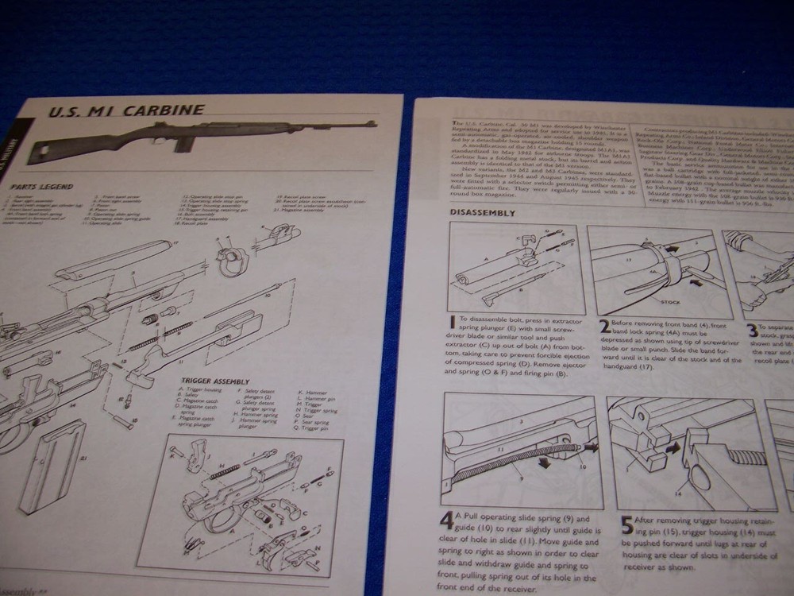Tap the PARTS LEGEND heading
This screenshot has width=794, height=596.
tap(42, 187)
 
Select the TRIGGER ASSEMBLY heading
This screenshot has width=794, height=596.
tap(215, 381)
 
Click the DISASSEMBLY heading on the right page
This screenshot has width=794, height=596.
tap(483, 213)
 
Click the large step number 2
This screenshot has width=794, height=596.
tap(604, 324)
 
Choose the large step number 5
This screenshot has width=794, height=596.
tap(626, 524)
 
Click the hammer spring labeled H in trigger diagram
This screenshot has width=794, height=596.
tap(225, 470)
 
